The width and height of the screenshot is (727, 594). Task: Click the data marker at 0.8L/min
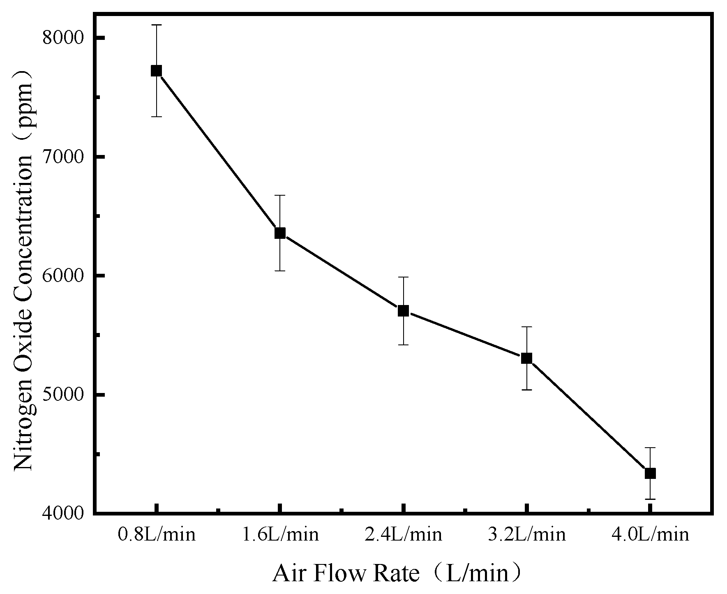coord(156,71)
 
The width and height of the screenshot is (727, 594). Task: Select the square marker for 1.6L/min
coord(280,233)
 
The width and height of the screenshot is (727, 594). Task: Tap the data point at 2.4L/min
coord(403,311)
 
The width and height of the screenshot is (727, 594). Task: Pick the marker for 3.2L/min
coord(526,358)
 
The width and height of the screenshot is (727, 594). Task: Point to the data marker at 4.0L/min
coord(650,473)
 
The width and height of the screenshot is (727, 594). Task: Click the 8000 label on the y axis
coord(63,38)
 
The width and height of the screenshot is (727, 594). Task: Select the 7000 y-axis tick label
coord(63,157)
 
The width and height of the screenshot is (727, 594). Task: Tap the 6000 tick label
coord(63,276)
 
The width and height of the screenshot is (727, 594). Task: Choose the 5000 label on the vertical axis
coord(63,395)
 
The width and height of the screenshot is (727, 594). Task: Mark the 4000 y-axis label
coord(63,513)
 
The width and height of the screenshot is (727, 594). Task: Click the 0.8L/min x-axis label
coord(157,535)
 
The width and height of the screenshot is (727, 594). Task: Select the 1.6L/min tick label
coord(280,535)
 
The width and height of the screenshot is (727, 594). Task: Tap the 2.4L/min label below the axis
coord(403,535)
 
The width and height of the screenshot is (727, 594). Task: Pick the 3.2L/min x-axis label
coord(526,535)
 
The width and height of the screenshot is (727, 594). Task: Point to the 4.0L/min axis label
coord(650,535)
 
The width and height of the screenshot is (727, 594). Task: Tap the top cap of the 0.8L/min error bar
coord(156,25)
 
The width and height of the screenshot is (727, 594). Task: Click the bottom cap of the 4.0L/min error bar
coord(650,499)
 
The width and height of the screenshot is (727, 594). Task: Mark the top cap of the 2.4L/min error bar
coord(403,277)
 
